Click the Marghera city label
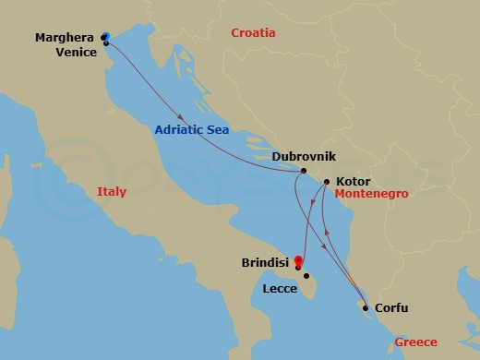[65, 37]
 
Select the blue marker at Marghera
[106, 37]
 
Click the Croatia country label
[253, 32]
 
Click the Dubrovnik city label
[271, 158]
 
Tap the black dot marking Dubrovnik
[304, 172]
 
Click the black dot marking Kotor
[326, 182]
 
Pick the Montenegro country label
[371, 195]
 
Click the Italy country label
[111, 192]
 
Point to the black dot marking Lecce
[306, 275]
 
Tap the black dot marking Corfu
[366, 307]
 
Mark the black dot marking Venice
[107, 42]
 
